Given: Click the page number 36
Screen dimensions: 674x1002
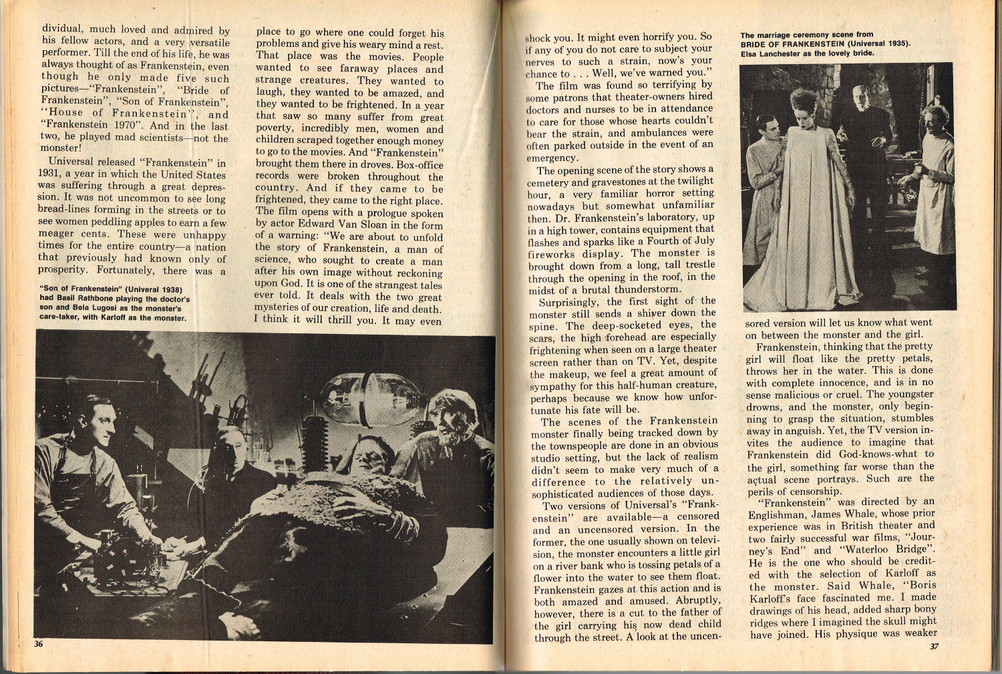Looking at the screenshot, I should (39, 644).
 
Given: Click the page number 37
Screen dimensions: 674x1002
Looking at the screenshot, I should (935, 647).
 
